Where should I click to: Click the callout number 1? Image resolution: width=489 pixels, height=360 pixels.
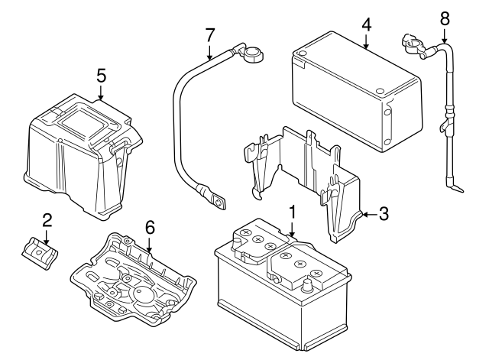[x=291, y=211]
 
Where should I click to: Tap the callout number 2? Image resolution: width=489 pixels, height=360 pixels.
[x=47, y=221]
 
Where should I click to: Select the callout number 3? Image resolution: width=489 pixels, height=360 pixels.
[x=384, y=215]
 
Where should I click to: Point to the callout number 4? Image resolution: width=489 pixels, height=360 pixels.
[x=366, y=24]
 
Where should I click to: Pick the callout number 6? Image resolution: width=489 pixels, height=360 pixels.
[x=150, y=227]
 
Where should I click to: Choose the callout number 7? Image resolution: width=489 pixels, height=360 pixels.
[x=209, y=34]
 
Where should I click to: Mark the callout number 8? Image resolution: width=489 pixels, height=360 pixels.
[x=444, y=18]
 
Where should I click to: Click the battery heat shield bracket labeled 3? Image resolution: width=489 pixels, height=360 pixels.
[x=306, y=180]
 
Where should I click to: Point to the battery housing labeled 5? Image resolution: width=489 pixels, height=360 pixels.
[x=80, y=153]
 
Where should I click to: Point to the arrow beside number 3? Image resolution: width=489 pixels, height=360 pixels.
[x=368, y=216]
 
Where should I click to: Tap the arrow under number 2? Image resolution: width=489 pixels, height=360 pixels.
[x=47, y=238]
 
